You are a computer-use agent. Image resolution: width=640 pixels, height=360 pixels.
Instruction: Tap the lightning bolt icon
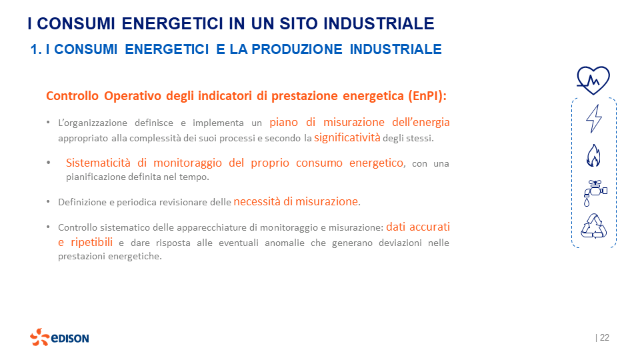tap(593, 119)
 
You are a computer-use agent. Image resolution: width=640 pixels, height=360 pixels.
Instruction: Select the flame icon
tap(593, 156)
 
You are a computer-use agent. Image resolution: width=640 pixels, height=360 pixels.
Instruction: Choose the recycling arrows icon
tap(593, 226)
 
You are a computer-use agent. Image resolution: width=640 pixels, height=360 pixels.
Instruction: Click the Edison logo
tap(59, 337)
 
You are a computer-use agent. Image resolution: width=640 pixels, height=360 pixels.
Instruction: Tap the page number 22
tap(604, 338)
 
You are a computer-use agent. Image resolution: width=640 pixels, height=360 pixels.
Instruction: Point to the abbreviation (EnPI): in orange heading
tap(427, 95)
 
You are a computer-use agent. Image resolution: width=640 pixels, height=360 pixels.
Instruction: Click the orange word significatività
tap(347, 138)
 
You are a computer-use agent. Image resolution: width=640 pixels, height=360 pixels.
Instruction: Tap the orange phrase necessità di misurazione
tap(296, 201)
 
